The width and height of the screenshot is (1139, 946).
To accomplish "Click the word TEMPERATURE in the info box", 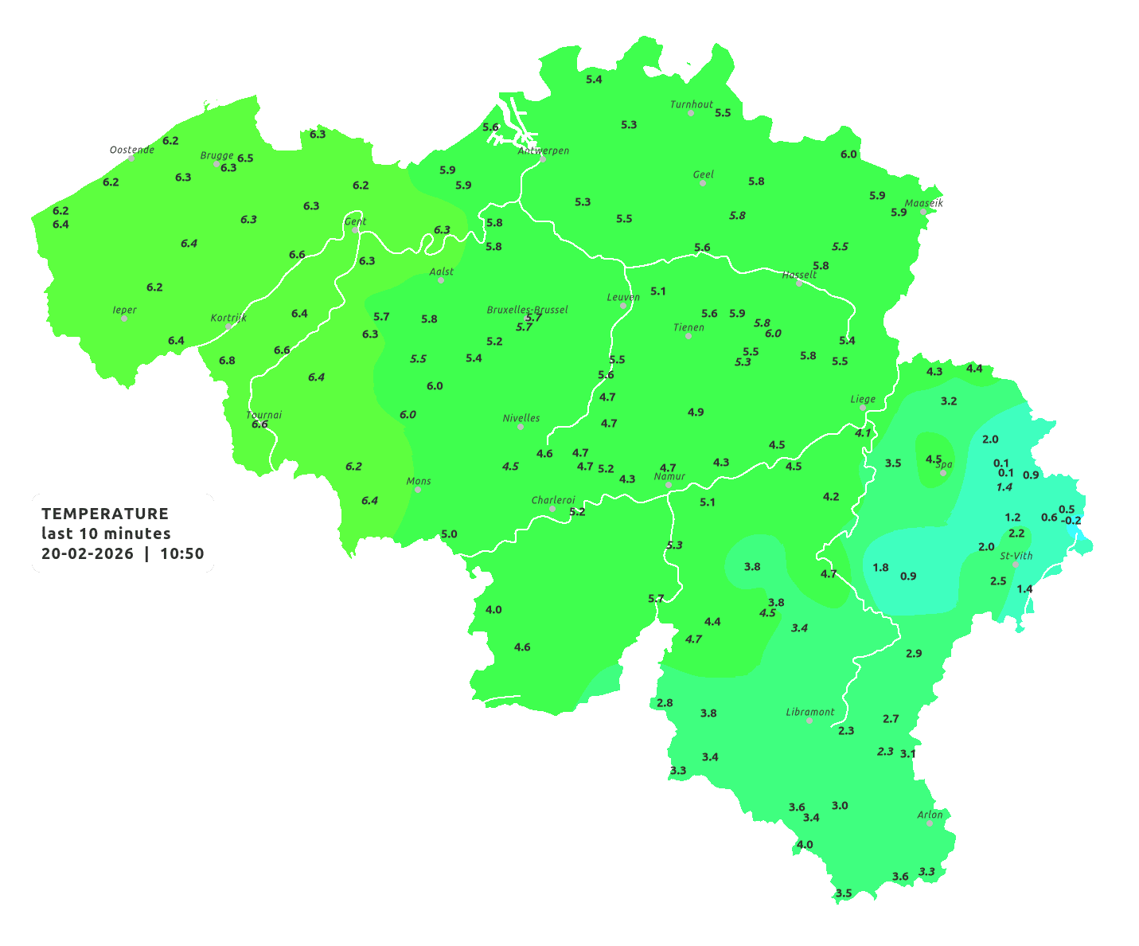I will click(105, 514).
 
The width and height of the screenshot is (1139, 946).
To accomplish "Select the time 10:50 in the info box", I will click(182, 554).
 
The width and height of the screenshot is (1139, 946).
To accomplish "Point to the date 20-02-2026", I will click(88, 554).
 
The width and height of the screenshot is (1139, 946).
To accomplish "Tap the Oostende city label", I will click(131, 149).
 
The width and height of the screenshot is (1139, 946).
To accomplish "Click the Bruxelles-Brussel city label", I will click(527, 309).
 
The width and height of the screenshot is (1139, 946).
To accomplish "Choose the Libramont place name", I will click(809, 712).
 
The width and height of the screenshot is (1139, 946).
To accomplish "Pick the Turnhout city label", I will click(692, 104).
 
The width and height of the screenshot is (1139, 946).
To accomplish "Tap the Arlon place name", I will click(930, 815).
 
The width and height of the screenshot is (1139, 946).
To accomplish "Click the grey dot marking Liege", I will click(863, 408).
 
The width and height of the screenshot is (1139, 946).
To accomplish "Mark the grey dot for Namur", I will click(669, 485).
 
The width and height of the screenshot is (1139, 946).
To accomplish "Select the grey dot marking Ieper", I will click(124, 319).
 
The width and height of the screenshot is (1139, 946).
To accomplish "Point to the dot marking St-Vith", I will click(1016, 565).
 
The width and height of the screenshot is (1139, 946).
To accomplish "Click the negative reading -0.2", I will click(1071, 521).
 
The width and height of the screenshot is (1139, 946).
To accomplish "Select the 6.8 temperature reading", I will click(227, 360).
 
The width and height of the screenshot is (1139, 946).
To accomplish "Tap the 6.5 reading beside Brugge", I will click(245, 158).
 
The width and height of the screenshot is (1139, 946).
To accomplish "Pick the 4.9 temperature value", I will click(696, 412).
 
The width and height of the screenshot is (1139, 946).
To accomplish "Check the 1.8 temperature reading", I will click(880, 567).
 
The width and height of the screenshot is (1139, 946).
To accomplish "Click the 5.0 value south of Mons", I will click(449, 534).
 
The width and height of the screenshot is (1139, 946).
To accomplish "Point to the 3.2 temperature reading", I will click(949, 401).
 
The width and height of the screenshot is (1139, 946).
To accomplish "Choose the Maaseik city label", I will click(923, 203).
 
